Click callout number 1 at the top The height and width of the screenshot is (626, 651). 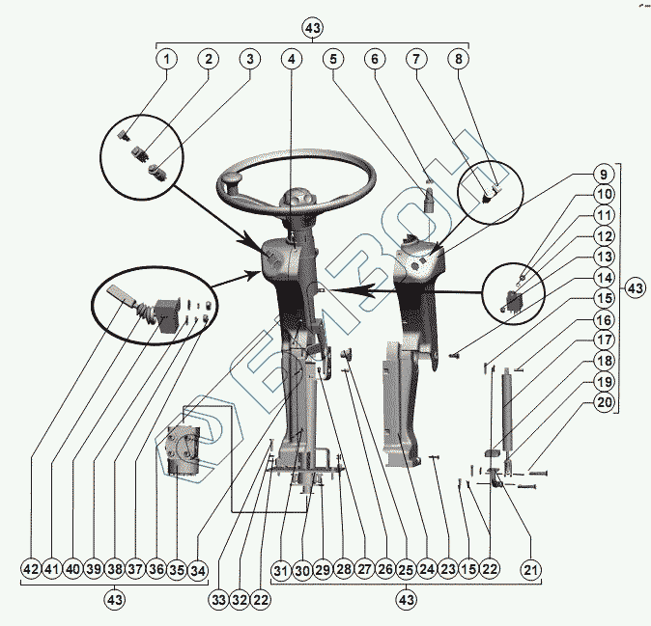coord(166,59)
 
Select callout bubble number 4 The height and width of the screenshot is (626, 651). coord(291,59)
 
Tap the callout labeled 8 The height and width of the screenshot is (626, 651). coord(457,59)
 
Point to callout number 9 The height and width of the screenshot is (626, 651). coord(601,177)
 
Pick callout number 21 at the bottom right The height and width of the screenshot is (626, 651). coord(529,569)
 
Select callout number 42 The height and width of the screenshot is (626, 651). coord(31,569)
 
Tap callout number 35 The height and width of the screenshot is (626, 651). coord(177,569)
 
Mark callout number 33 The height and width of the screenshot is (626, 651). coord(218,600)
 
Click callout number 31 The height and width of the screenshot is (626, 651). coord(281,569)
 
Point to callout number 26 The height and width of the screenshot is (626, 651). coord(385,569)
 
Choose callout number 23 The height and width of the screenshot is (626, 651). coord(447,569)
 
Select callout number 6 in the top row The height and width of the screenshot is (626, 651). coord(374,59)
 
